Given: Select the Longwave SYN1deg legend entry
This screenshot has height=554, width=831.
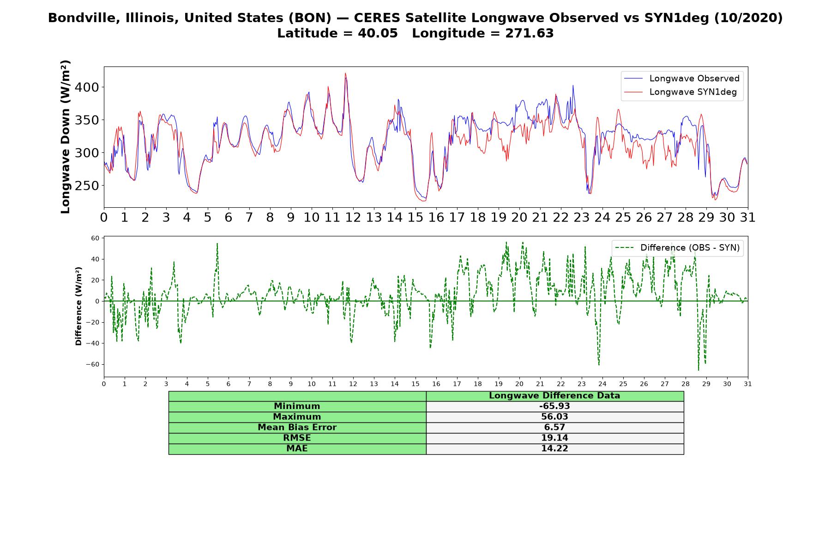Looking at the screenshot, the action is pos(680,92).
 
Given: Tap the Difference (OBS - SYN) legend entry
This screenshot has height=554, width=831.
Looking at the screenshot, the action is pos(677,248).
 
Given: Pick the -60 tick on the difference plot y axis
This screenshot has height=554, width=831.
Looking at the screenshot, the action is pos(93,364).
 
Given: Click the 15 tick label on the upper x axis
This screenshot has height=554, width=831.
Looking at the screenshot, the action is pos(415,217).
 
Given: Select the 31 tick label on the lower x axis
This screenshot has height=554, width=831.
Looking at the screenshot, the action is pos(748,384).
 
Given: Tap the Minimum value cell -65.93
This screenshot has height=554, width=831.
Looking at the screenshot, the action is pos(554,406).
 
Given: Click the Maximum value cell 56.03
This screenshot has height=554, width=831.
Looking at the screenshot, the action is pos(554,417).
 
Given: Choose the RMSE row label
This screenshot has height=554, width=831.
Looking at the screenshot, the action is pos(297,438).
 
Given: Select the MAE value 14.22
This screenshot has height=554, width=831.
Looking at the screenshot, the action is pos(554,449).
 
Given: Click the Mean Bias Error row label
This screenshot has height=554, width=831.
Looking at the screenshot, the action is pos(297,428).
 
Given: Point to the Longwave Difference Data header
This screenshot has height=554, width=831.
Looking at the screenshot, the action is pos(554,396).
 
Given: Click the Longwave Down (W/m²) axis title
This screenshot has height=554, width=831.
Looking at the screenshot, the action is pos(65,137).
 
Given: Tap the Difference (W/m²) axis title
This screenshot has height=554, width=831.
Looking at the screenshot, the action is pos(78,306).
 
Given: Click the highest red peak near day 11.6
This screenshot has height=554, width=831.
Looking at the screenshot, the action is pos(345,73).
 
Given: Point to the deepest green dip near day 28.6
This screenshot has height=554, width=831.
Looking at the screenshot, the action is pos(699,370).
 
